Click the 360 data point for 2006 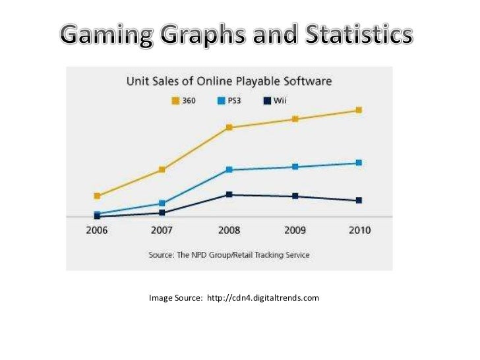click(97, 196)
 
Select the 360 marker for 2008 click(229, 127)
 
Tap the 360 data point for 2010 click(359, 110)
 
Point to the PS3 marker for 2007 click(162, 203)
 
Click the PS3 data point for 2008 click(229, 170)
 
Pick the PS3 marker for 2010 click(359, 162)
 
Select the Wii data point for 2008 click(229, 195)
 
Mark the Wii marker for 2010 click(359, 200)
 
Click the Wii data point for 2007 click(162, 213)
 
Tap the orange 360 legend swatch click(175, 100)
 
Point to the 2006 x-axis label click(97, 231)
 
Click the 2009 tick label click(295, 231)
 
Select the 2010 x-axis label click(359, 231)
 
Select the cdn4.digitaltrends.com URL click(262, 298)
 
